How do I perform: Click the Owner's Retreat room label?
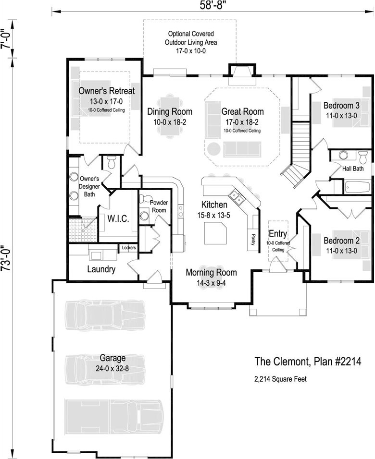pyautogui.click(x=106, y=91)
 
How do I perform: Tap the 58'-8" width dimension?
pyautogui.click(x=212, y=5)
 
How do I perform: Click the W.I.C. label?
pyautogui.click(x=117, y=219)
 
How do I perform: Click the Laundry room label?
pyautogui.click(x=101, y=269)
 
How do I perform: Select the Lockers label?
pyautogui.click(x=129, y=248)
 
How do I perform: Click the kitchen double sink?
pyautogui.click(x=236, y=196)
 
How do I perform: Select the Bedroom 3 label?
pyautogui.click(x=341, y=106)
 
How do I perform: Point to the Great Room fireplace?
pyautogui.click(x=238, y=72)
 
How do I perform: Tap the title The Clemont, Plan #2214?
pyautogui.click(x=307, y=361)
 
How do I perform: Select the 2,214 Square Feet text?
pyautogui.click(x=280, y=379)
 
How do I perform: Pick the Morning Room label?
pyautogui.click(x=211, y=273)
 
